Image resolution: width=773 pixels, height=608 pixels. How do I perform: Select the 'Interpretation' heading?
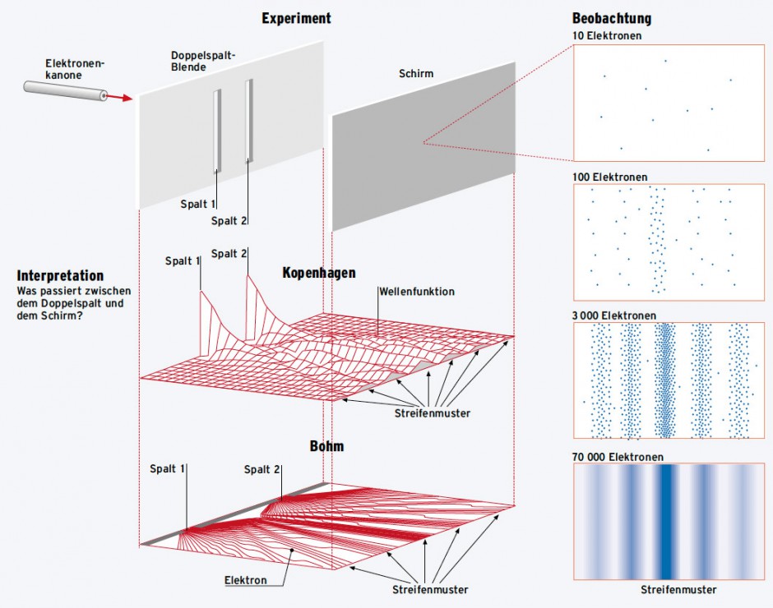pos(60,276)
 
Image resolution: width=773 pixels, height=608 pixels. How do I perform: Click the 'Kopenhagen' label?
pos(318,273)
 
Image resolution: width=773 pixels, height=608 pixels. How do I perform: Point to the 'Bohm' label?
pos(326,447)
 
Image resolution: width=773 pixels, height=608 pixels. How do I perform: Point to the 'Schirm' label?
pos(415,74)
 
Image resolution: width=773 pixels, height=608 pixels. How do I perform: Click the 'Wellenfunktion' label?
pos(417,292)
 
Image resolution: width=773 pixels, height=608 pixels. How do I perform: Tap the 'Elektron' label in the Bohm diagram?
pos(246,580)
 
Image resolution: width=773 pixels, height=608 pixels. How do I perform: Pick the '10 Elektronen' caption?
pos(607,36)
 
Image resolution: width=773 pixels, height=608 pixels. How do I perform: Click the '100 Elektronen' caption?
pos(609,177)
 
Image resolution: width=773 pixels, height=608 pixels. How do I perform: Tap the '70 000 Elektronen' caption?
pos(618,457)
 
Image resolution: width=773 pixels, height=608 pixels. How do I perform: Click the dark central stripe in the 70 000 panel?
pos(664,522)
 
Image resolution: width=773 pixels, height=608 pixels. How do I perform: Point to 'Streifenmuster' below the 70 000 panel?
pos(678,590)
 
